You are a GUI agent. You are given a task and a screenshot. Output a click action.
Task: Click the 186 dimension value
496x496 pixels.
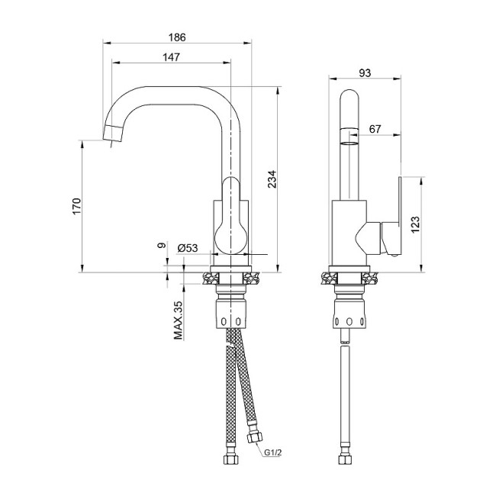point(177,36)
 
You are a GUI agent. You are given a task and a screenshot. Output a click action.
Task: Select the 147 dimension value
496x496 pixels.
point(171,56)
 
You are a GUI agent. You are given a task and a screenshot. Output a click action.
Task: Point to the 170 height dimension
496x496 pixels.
point(76,205)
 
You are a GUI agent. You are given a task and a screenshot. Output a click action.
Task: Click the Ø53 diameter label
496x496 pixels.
point(187,248)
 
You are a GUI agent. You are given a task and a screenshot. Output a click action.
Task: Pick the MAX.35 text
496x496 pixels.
point(178,320)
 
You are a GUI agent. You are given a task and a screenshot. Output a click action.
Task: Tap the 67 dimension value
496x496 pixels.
point(375,130)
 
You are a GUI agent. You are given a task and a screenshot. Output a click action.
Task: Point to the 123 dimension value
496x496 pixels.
point(414,224)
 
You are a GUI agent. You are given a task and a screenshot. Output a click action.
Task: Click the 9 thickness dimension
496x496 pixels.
point(160,246)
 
